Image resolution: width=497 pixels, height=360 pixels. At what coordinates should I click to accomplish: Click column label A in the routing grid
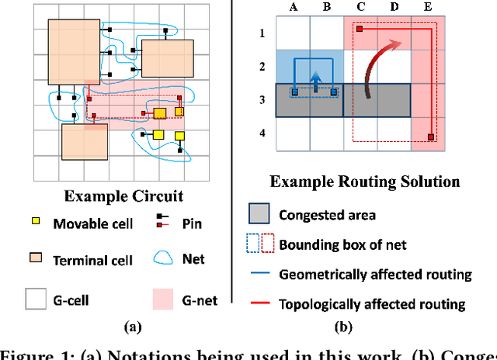[294, 7]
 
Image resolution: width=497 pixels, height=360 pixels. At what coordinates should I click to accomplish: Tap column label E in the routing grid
[429, 7]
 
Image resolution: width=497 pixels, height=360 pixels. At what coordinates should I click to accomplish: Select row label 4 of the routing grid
[262, 133]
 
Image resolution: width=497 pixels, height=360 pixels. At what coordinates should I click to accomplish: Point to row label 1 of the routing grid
[262, 33]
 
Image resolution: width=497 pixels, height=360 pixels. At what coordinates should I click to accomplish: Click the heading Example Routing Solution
[364, 182]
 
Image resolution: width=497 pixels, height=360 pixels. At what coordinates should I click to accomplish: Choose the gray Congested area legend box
[260, 215]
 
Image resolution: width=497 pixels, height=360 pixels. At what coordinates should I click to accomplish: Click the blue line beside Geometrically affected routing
[260, 274]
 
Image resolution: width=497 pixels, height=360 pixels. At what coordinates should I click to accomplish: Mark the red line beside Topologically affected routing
[260, 303]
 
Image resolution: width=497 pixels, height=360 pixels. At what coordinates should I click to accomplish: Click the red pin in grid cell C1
[360, 30]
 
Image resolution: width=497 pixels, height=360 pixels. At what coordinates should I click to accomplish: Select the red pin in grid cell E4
[431, 138]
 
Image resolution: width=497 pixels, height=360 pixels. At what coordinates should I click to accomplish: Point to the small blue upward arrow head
[316, 78]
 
